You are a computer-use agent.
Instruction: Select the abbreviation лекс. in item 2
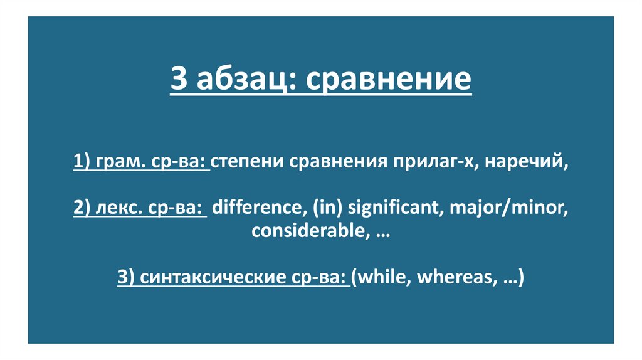[x=120, y=208]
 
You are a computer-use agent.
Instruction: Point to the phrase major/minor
[x=512, y=208]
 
